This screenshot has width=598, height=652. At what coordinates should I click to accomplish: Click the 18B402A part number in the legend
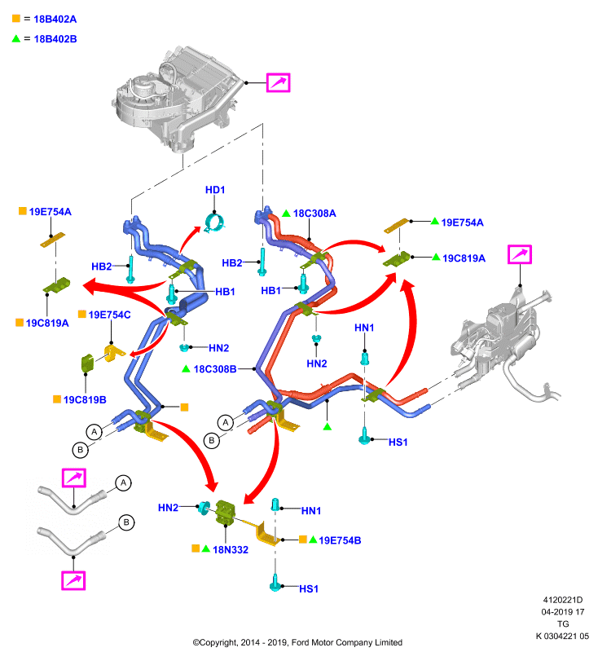click(55, 19)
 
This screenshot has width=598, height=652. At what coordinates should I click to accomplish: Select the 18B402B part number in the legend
click(55, 39)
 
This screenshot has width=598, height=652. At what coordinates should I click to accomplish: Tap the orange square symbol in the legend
click(16, 18)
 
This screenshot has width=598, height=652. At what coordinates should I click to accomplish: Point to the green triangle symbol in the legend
click(16, 38)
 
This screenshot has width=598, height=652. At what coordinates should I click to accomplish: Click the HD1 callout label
click(215, 190)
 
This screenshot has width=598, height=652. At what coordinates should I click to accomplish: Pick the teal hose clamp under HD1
click(215, 222)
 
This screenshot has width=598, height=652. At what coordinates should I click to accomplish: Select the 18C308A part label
click(314, 214)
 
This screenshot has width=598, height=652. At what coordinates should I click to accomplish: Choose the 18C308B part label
click(215, 369)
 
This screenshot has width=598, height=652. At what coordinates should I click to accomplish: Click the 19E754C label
click(109, 315)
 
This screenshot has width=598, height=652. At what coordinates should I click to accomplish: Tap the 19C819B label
click(85, 399)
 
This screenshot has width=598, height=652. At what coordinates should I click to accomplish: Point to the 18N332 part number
click(231, 549)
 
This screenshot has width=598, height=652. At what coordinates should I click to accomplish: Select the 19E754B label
click(340, 540)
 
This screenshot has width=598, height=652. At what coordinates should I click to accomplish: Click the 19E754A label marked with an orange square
click(50, 212)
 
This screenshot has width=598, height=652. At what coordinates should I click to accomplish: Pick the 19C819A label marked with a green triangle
click(464, 258)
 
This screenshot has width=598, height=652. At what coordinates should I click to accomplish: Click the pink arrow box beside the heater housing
click(278, 83)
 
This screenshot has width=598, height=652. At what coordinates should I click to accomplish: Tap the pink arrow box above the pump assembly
click(520, 254)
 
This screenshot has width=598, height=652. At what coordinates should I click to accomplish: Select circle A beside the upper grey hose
click(123, 483)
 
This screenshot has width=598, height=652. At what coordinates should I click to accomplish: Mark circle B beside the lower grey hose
click(126, 522)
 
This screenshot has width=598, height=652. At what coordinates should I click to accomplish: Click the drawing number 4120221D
click(563, 600)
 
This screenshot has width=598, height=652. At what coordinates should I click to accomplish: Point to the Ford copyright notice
click(297, 642)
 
